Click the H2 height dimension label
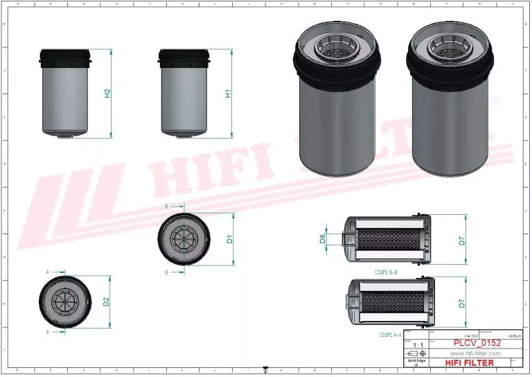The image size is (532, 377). (107, 93)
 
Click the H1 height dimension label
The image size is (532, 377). (227, 93)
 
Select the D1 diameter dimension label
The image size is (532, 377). (229, 240)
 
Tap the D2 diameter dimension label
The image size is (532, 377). (106, 301)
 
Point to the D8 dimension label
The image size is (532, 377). (322, 239)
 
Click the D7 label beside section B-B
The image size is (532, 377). (461, 241)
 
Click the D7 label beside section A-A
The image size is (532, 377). (461, 303)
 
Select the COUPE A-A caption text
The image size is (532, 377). (392, 335)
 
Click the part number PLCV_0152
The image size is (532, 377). (477, 343)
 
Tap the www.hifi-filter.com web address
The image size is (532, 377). (475, 353)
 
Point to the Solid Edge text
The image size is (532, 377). (416, 360)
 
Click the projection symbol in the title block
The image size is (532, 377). (416, 353)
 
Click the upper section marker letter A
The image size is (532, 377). (48, 271)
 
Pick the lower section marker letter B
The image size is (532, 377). (166, 272)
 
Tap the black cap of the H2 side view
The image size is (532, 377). (66, 57)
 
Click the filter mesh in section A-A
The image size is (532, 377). (391, 303)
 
